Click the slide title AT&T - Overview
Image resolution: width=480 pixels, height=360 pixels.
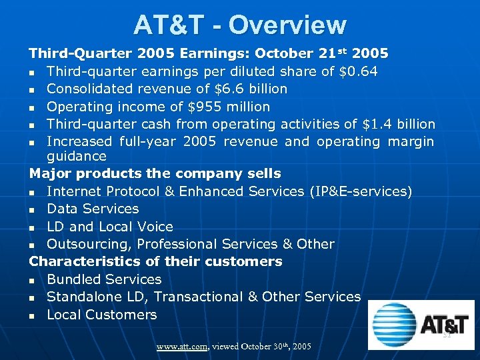coord(240,25)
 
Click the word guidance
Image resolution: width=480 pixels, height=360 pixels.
coord(76,156)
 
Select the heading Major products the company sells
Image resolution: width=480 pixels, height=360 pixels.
coord(155,173)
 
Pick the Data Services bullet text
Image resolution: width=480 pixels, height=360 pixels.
coord(93,209)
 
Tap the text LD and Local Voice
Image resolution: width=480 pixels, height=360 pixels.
coord(109,227)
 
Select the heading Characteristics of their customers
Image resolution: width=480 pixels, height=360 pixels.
coord(155,261)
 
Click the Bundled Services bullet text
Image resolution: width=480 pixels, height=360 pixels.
coord(104,279)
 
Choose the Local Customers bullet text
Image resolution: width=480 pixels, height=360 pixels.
coord(101,315)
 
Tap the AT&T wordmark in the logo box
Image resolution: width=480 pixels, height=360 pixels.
coord(444,325)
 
